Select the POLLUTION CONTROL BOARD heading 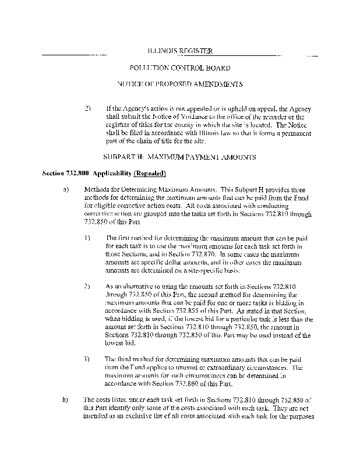coord(180,68)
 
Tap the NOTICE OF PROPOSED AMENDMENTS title coord(180,84)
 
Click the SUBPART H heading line coord(179,157)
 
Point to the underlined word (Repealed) coord(150,174)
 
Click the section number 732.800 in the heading coord(78,174)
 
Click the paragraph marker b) coord(66,400)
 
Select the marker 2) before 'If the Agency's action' coord(88,108)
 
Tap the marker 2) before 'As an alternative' coord(87,287)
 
